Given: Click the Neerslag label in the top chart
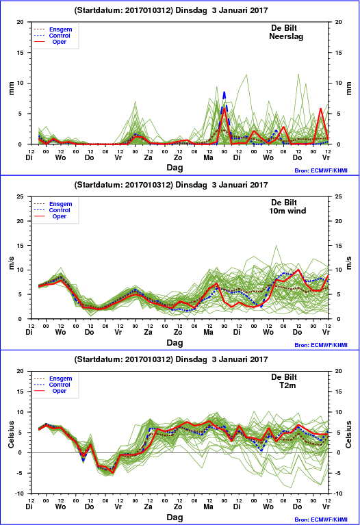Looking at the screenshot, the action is pos(286,36).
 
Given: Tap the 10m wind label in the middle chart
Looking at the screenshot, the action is pos(287,211).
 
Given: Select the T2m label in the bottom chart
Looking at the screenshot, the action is pos(287,385).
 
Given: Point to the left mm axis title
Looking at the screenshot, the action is pos(12,88).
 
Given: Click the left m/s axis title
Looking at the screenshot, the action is pos(12,263).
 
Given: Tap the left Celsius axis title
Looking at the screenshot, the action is pos(12,434).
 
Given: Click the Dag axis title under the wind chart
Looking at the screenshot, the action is pos(175,342).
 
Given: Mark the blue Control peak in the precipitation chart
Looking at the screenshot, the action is pos(224,92).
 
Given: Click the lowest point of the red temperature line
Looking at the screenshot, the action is pos(112,473).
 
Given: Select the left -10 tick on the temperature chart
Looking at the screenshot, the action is pos(20,494).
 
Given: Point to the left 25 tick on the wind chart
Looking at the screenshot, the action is pos(21,196).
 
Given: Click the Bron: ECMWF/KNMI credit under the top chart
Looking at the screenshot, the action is pos(321,170).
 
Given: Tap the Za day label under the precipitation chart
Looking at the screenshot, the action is pos(148,157).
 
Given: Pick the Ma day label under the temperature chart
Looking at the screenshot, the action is pos(208,507).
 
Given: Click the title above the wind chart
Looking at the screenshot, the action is pos(171,185).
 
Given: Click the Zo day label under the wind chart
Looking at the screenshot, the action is pos(178,332).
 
